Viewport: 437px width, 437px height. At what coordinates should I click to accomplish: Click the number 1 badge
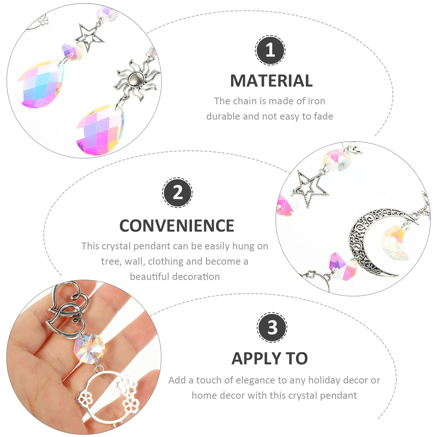click(270, 50)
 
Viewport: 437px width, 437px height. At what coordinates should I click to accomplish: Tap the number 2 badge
click(178, 193)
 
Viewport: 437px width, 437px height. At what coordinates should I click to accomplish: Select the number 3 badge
click(272, 327)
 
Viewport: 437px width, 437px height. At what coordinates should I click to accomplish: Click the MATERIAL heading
click(271, 81)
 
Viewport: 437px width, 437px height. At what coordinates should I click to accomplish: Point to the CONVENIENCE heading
click(177, 226)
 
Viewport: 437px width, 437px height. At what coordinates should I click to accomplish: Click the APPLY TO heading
click(270, 359)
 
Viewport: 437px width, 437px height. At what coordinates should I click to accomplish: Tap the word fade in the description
click(324, 117)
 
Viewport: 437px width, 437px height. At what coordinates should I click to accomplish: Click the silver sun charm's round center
click(136, 79)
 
